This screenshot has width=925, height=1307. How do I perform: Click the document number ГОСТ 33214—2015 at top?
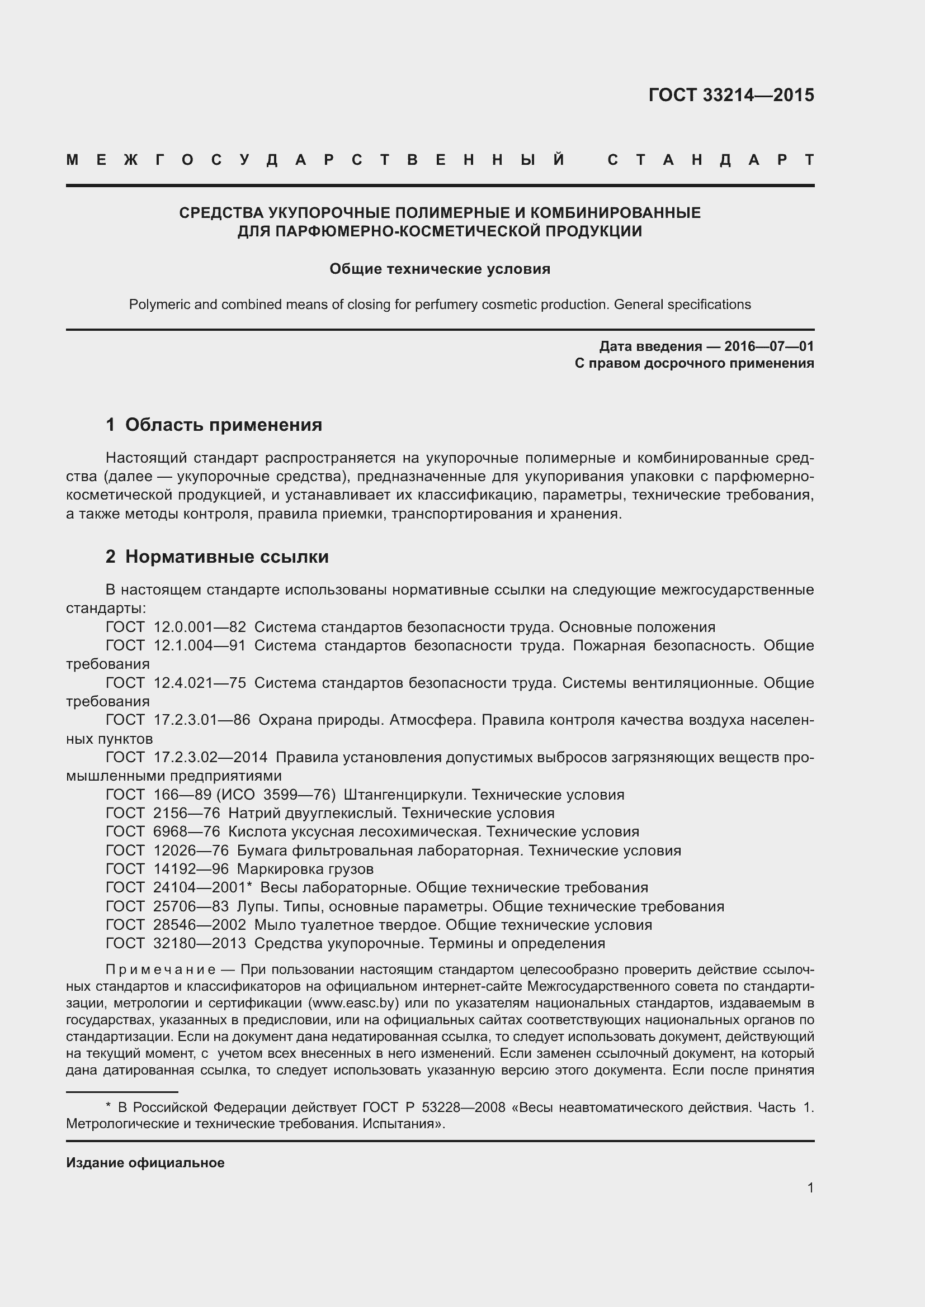point(731,95)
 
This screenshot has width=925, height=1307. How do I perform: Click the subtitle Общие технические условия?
point(440,269)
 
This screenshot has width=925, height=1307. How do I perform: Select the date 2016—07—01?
point(768,346)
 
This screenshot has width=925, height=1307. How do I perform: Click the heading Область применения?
point(223,425)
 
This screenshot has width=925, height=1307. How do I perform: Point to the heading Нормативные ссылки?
point(226,556)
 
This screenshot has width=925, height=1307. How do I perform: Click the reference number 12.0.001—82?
point(199,628)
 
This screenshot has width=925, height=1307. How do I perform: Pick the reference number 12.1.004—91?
point(199,645)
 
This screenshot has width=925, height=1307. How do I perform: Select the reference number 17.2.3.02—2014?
point(210,757)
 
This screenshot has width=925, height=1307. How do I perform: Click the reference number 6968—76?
point(186,831)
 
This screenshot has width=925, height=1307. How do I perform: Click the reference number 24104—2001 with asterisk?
point(202,887)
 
